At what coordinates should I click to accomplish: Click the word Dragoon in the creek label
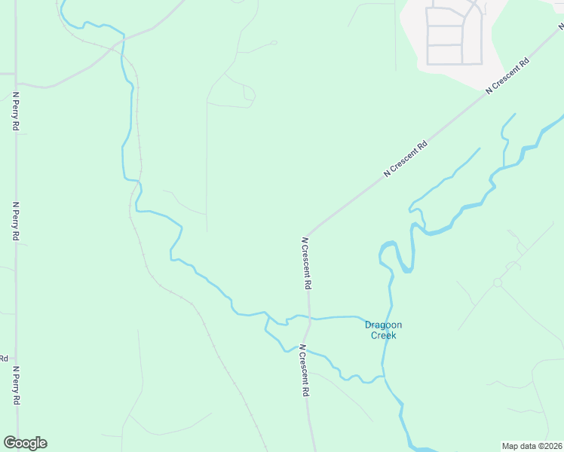pos(383,325)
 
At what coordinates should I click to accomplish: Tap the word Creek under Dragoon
pos(383,335)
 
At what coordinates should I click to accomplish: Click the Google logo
pos(25,443)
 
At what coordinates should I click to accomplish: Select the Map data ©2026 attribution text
pos(532,445)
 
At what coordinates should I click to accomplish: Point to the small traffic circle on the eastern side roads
pos(497,282)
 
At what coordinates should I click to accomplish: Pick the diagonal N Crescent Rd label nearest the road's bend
pos(405,158)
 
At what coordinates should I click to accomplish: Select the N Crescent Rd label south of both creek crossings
pos(304,371)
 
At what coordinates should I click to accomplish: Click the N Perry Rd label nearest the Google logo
pos(15,385)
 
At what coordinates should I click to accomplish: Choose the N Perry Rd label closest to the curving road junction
pos(15,111)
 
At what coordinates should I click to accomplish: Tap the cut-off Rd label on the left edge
pos(4,359)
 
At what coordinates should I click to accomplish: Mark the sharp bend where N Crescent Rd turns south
pos(308,234)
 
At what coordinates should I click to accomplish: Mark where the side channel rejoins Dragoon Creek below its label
pos(383,374)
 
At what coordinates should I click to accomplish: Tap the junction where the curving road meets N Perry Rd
pos(17,83)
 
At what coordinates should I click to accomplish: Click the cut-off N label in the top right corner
pos(561,25)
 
